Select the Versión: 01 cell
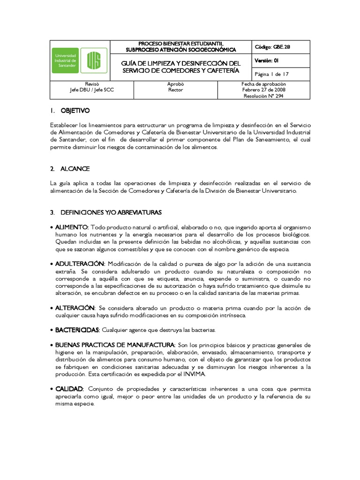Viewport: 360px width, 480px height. (267, 61)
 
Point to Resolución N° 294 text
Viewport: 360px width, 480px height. (263, 96)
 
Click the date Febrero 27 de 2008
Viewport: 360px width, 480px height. (263, 90)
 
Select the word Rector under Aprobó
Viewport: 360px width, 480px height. (175, 90)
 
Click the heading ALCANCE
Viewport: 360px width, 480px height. (75, 169)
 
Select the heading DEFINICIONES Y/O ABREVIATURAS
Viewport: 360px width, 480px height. (111, 212)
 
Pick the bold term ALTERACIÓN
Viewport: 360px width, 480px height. (75, 308)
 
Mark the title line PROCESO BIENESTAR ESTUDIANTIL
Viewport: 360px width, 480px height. (181, 44)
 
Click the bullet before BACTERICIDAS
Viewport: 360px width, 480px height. (51, 330)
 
